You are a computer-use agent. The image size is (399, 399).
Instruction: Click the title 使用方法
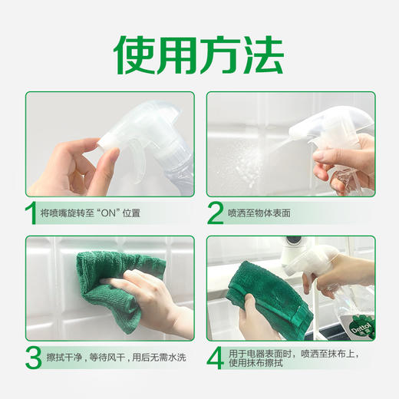[199, 53]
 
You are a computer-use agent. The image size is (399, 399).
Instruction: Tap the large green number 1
[31, 213]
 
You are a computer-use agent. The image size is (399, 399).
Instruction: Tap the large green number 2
[216, 213]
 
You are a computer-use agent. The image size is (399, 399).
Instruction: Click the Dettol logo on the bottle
[361, 327]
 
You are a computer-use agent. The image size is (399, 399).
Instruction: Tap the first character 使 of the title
[135, 53]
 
